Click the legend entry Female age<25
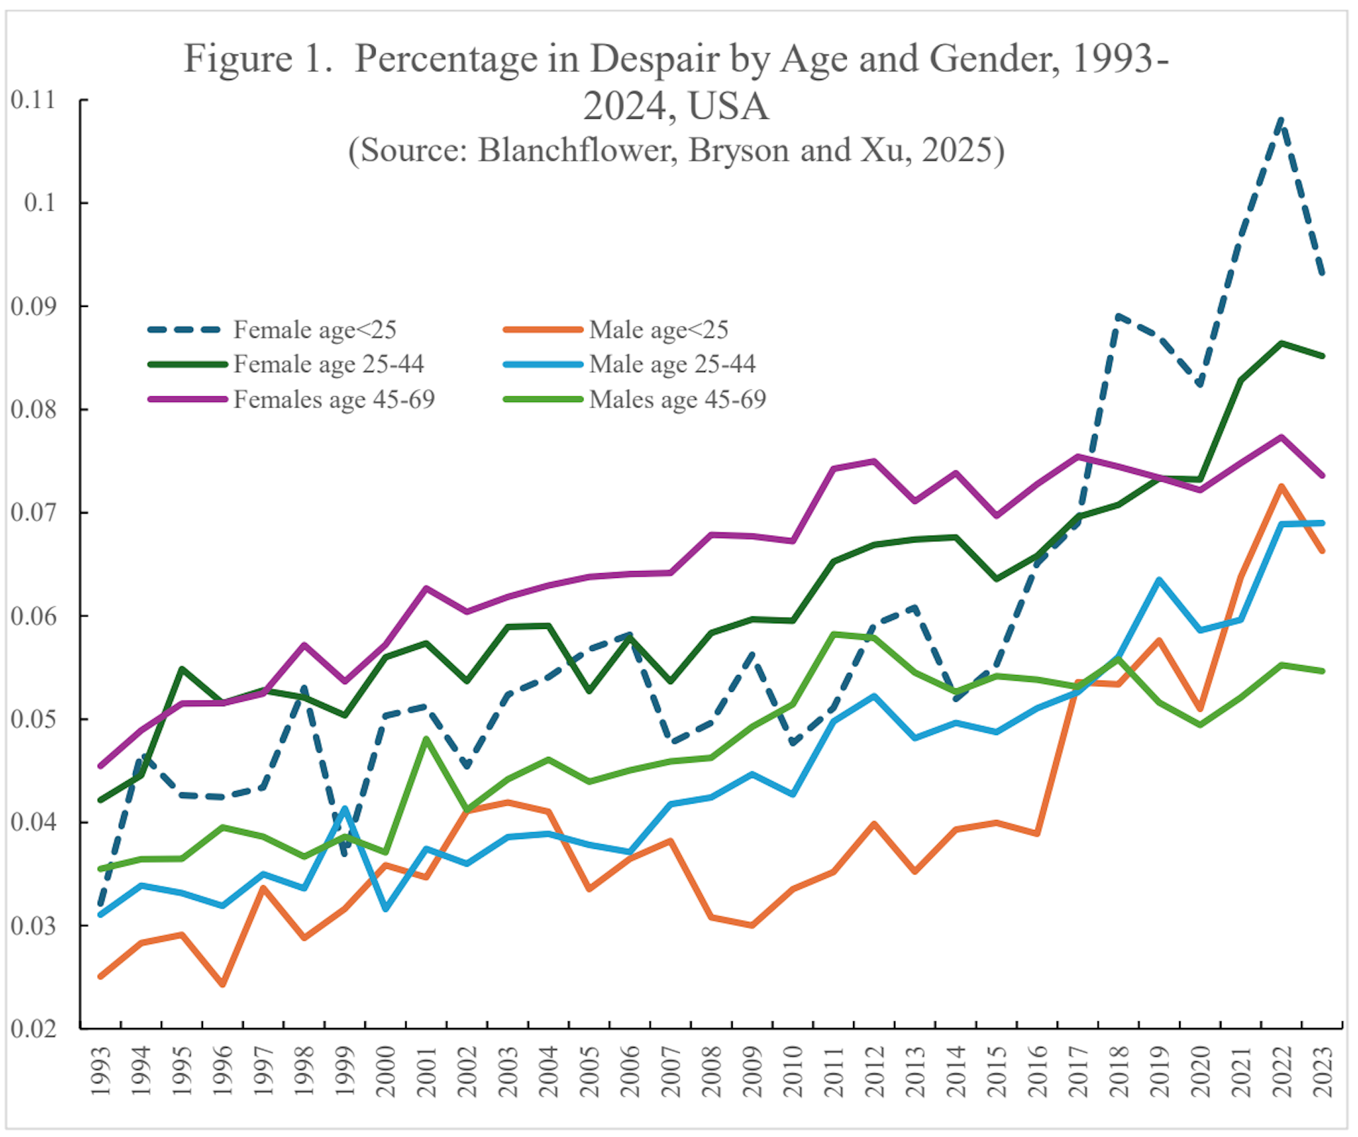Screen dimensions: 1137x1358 coord(314,330)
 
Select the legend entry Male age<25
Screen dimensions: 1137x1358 coord(658,330)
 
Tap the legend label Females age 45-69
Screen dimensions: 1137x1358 coord(334,399)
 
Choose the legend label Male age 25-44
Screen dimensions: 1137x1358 coord(672,364)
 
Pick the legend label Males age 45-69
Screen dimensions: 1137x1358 coord(677,399)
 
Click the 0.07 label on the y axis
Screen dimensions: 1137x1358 coord(33,512)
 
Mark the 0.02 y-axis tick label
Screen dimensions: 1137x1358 coord(33,1028)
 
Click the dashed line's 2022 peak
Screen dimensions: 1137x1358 coord(1281,121)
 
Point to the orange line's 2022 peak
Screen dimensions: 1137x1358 coord(1281,487)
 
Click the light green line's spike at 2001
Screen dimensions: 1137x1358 coord(426,739)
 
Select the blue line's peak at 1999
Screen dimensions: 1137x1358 coord(345,809)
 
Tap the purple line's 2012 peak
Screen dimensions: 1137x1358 coord(874,461)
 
